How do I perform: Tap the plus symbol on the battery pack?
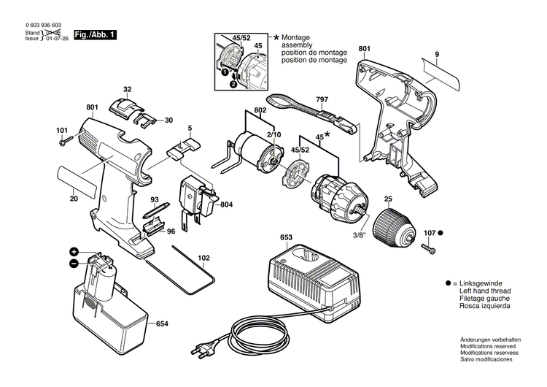tap(74, 251)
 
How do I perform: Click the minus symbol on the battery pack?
tap(74, 263)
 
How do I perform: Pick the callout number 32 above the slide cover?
tap(127, 90)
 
